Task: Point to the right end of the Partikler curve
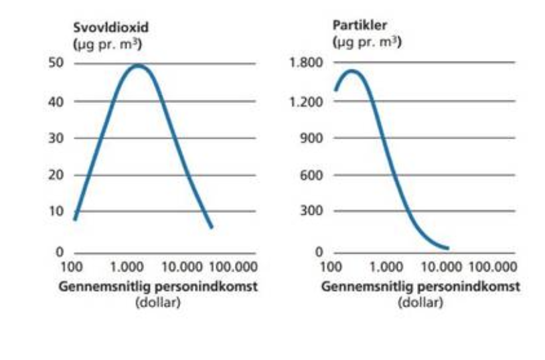(x=447, y=248)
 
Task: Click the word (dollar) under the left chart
(x=159, y=302)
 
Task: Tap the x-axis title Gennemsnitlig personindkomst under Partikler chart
(x=420, y=287)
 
